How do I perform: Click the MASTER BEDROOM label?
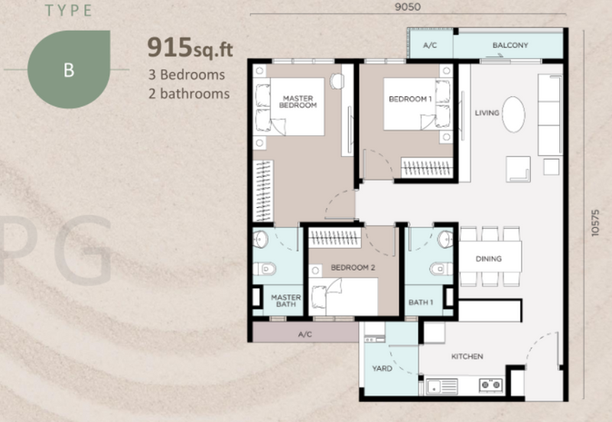click(298, 102)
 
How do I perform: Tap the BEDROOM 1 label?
click(410, 99)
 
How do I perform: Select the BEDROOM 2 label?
click(353, 268)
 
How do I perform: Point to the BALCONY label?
click(510, 45)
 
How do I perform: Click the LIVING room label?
click(487, 112)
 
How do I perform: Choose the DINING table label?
click(489, 258)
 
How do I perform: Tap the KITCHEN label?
click(467, 356)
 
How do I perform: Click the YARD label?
click(382, 368)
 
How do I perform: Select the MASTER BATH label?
click(286, 300)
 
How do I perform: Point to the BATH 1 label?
click(421, 302)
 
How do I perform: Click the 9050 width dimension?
click(408, 7)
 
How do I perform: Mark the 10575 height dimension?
click(595, 222)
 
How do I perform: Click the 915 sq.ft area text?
click(190, 47)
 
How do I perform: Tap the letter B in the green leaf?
click(69, 70)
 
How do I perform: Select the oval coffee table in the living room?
click(513, 114)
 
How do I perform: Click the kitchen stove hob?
click(491, 385)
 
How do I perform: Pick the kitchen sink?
click(442, 387)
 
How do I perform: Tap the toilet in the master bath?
click(265, 269)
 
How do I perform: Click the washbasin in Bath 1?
click(445, 239)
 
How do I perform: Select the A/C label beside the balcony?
click(430, 46)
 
